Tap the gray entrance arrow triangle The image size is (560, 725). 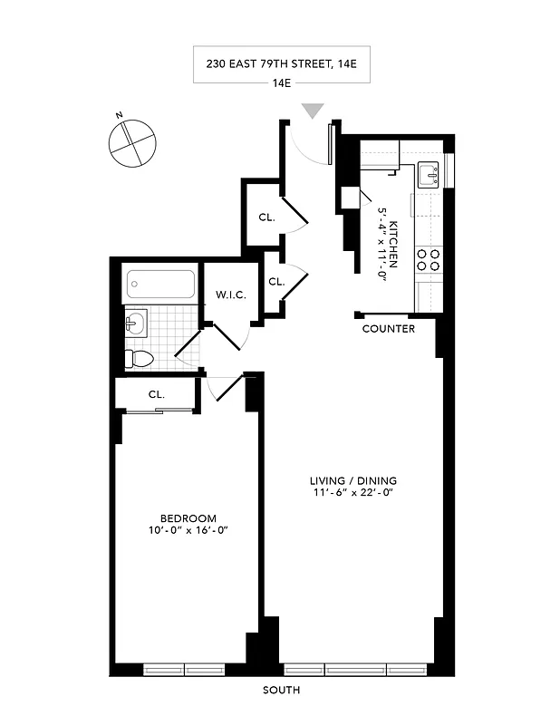pyautogui.click(x=313, y=111)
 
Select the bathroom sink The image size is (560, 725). pyautogui.click(x=135, y=322)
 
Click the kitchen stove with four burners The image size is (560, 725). pyautogui.click(x=429, y=261)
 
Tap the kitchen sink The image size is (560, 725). pyautogui.click(x=429, y=174)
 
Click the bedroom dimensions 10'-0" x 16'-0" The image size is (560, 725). pyautogui.click(x=187, y=531)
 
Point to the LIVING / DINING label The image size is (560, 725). pyautogui.click(x=352, y=480)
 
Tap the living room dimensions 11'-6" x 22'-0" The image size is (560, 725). pyautogui.click(x=352, y=494)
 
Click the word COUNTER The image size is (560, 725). pyautogui.click(x=388, y=329)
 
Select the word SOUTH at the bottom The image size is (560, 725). pyautogui.click(x=281, y=691)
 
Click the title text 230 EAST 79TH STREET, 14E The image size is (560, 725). pyautogui.click(x=281, y=63)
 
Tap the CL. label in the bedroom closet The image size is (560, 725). pyautogui.click(x=157, y=395)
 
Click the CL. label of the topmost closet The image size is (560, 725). pyautogui.click(x=266, y=217)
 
